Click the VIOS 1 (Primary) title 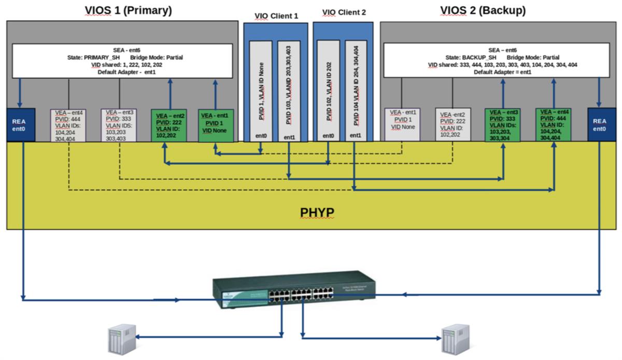pyautogui.click(x=128, y=10)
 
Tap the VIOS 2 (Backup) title pyautogui.click(x=483, y=10)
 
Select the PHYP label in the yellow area pyautogui.click(x=317, y=212)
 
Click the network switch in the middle pyautogui.click(x=294, y=290)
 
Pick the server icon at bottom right pyautogui.click(x=455, y=340)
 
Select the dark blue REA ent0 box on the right pyautogui.click(x=599, y=124)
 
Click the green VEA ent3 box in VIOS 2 pyautogui.click(x=503, y=125)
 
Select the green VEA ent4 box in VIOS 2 pyautogui.click(x=554, y=125)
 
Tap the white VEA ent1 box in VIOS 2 pyautogui.click(x=402, y=125)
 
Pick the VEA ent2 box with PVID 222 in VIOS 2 pyautogui.click(x=453, y=125)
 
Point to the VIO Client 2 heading pyautogui.click(x=344, y=12)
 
